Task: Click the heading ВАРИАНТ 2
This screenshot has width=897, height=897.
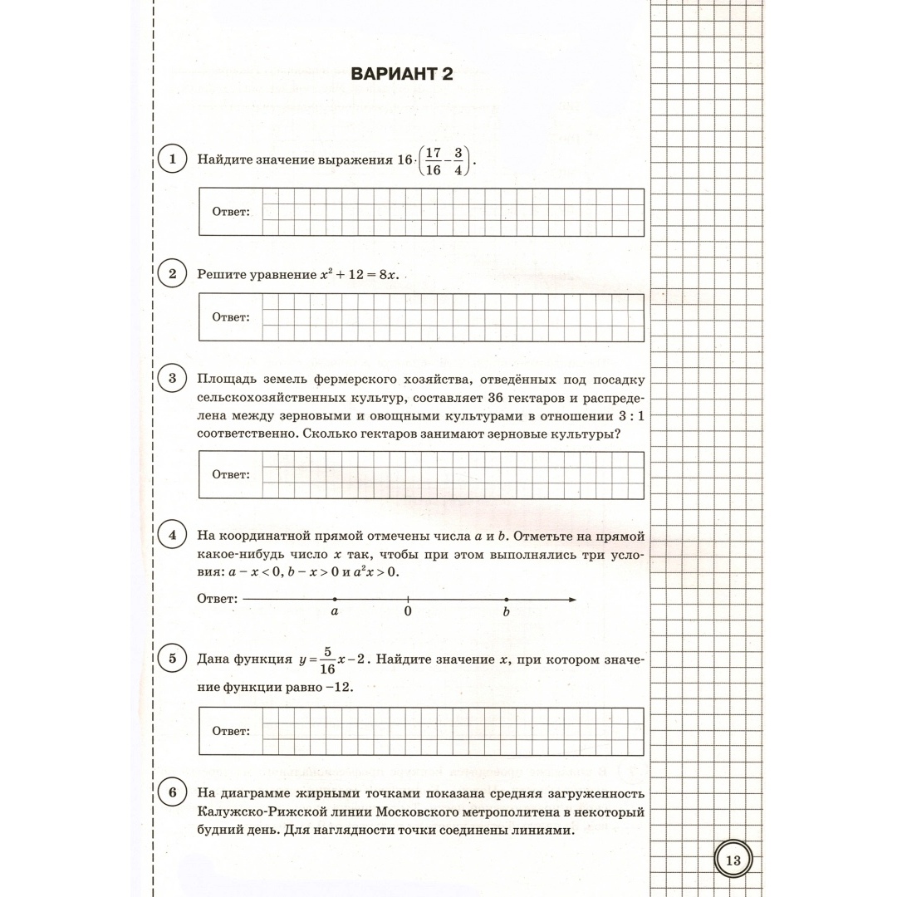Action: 402,74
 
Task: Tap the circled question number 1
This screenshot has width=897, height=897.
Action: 172,158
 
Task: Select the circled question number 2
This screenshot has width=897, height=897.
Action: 172,274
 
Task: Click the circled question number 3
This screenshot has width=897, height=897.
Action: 172,380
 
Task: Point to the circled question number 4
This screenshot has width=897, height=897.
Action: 172,535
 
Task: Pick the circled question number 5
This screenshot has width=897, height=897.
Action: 172,659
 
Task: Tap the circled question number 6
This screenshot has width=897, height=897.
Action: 172,792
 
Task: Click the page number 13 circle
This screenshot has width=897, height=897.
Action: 733,860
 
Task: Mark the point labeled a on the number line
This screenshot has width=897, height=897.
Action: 335,599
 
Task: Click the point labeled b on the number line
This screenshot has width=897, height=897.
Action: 506,599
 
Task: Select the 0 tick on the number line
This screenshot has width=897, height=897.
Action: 408,599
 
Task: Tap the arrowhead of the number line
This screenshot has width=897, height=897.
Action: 571,599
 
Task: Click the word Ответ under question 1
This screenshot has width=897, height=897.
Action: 230,212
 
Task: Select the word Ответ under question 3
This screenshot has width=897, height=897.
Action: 230,474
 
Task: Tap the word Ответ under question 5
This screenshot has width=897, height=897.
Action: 230,731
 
